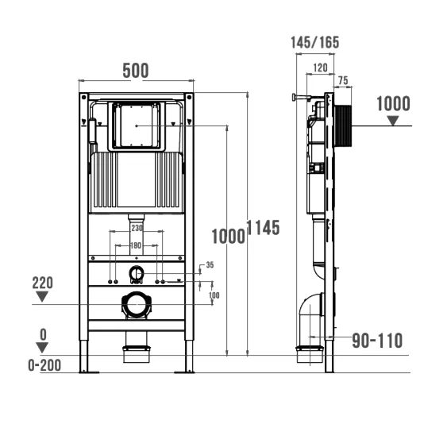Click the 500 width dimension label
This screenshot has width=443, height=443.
136,71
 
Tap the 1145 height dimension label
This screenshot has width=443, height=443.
264,227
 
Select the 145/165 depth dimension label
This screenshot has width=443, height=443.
314,42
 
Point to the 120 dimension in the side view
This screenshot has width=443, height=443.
321,67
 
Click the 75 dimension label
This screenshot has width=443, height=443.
343,80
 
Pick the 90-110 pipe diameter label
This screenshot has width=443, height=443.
377,341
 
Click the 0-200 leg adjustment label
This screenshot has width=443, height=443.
44,365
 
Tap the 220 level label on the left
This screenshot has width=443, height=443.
42,283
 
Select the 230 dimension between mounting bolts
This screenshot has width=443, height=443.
137,228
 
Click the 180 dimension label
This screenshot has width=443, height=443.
136,245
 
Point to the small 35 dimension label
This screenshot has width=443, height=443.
210,264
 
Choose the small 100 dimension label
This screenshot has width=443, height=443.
214,295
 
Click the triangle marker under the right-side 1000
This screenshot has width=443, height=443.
393,121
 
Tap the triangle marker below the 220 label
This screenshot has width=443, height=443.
42,297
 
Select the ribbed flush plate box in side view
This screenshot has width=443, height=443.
343,125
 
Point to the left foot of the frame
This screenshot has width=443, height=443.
89,372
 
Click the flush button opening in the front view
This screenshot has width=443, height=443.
137,126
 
